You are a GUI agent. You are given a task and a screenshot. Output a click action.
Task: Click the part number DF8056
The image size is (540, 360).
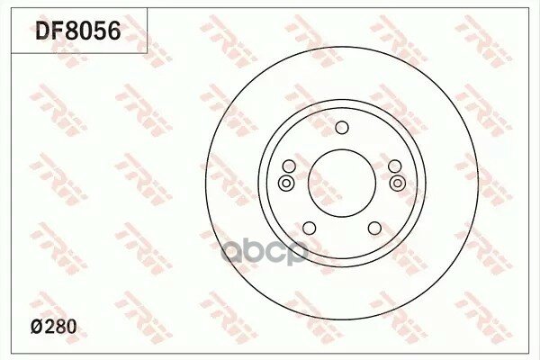pyautogui.click(x=78, y=31)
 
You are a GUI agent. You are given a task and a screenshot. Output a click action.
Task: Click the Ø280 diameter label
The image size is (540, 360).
pyautogui.click(x=54, y=327)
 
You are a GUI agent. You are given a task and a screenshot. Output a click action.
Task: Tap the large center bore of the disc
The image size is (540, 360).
pyautogui.click(x=342, y=183)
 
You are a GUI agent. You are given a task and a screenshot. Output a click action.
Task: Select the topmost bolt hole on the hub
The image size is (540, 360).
pyautogui.click(x=342, y=128)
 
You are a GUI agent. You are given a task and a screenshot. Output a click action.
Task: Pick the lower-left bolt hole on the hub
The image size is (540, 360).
pyautogui.click(x=310, y=228)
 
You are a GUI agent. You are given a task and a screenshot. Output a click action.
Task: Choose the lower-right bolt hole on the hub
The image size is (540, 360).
pyautogui.click(x=374, y=228)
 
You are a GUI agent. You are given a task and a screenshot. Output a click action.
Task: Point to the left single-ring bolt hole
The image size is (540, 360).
pyautogui.click(x=289, y=166)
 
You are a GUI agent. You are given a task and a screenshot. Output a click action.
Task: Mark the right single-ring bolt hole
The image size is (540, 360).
pyautogui.click(x=395, y=166)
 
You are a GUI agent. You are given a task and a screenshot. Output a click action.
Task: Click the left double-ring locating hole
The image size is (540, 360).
pyautogui.click(x=286, y=183)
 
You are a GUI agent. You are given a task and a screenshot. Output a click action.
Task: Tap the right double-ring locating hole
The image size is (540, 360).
pyautogui.click(x=398, y=183)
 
